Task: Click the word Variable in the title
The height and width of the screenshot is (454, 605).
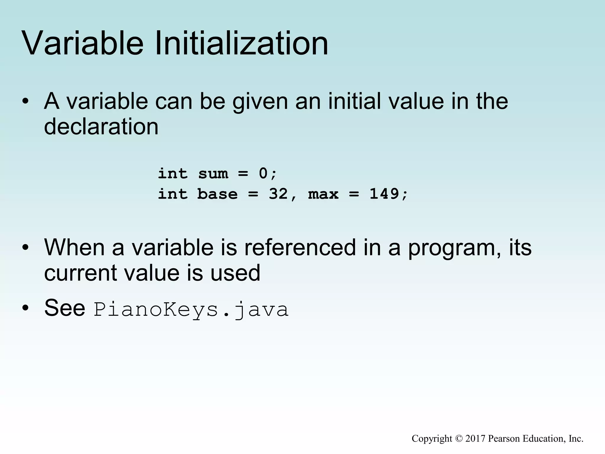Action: click(x=83, y=44)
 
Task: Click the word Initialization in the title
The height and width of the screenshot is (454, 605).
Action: click(x=241, y=44)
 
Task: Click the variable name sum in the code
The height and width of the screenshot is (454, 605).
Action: click(x=213, y=174)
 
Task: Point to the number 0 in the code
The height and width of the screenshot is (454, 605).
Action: click(x=263, y=174)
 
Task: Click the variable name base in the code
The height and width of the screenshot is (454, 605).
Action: click(x=217, y=194)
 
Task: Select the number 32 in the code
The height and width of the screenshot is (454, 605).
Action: click(x=278, y=194)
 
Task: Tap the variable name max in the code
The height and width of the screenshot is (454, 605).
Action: click(x=323, y=194)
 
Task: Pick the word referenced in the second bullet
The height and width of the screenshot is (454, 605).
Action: click(x=300, y=248)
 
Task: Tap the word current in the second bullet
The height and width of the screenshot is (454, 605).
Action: click(x=80, y=273)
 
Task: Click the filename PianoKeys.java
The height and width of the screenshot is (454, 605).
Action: click(x=191, y=310)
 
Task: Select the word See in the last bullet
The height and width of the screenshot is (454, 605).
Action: click(x=65, y=308)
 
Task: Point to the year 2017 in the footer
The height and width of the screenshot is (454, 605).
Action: click(x=475, y=439)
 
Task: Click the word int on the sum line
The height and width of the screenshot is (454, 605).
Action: click(x=173, y=174)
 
